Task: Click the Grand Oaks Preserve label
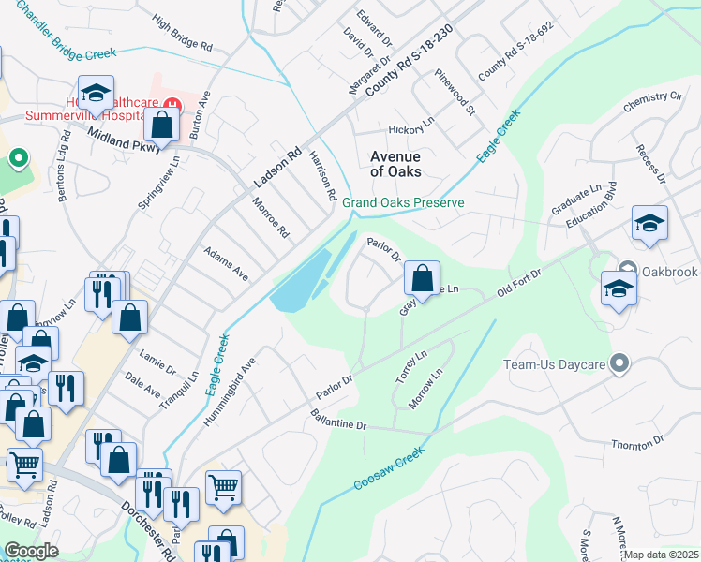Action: (403, 202)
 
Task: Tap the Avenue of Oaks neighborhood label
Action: (395, 164)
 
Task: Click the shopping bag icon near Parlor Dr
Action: (423, 277)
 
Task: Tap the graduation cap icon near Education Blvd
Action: (649, 224)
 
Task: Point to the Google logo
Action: (31, 551)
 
